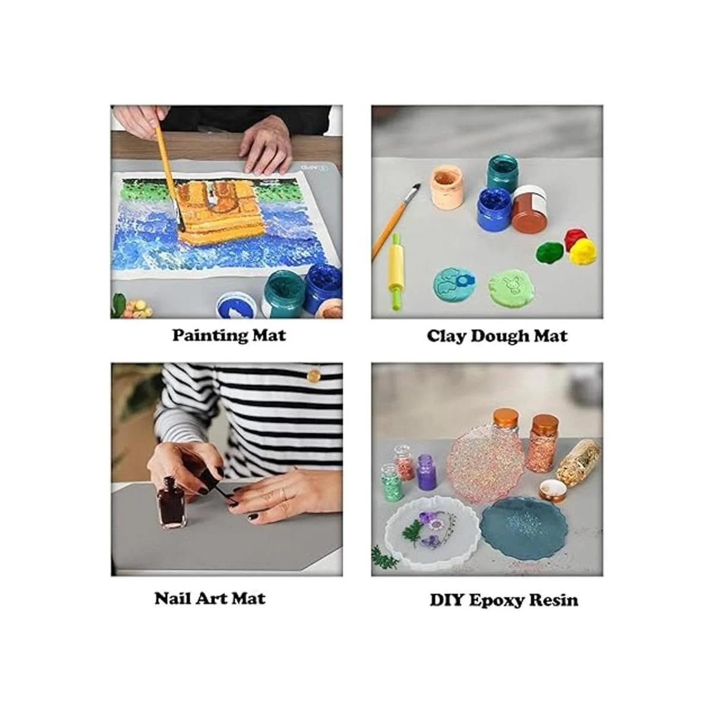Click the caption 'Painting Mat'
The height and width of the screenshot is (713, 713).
point(229,336)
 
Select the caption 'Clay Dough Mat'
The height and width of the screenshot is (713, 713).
point(497,336)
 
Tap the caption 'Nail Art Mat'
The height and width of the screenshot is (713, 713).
point(210,598)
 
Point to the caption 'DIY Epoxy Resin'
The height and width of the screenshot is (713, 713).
point(504,600)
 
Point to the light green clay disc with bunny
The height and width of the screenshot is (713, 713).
point(511,288)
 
